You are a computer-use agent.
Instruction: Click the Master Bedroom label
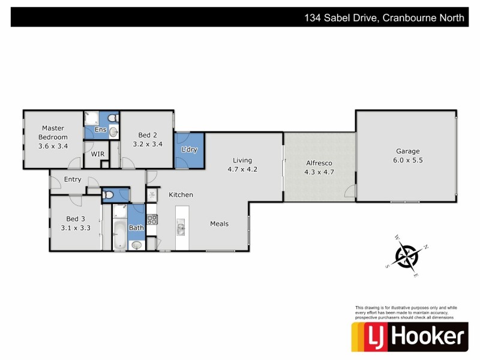click(53, 132)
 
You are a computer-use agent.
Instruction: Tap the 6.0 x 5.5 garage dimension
click(407, 160)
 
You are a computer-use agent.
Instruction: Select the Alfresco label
click(319, 163)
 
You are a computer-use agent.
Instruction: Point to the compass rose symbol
click(407, 256)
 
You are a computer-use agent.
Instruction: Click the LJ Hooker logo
click(409, 337)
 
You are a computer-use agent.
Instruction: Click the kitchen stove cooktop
click(152, 220)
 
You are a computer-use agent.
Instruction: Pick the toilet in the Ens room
click(114, 132)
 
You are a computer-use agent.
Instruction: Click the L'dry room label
click(189, 149)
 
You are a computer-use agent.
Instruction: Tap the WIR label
click(98, 154)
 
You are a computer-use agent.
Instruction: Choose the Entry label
click(73, 179)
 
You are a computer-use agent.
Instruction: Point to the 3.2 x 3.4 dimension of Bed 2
click(148, 144)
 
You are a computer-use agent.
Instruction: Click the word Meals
click(219, 224)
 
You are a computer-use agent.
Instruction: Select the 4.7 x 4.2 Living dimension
click(242, 169)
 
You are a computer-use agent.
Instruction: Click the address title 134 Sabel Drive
click(384, 18)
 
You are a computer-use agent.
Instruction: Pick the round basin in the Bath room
click(137, 245)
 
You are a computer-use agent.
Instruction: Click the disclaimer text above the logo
click(405, 313)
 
